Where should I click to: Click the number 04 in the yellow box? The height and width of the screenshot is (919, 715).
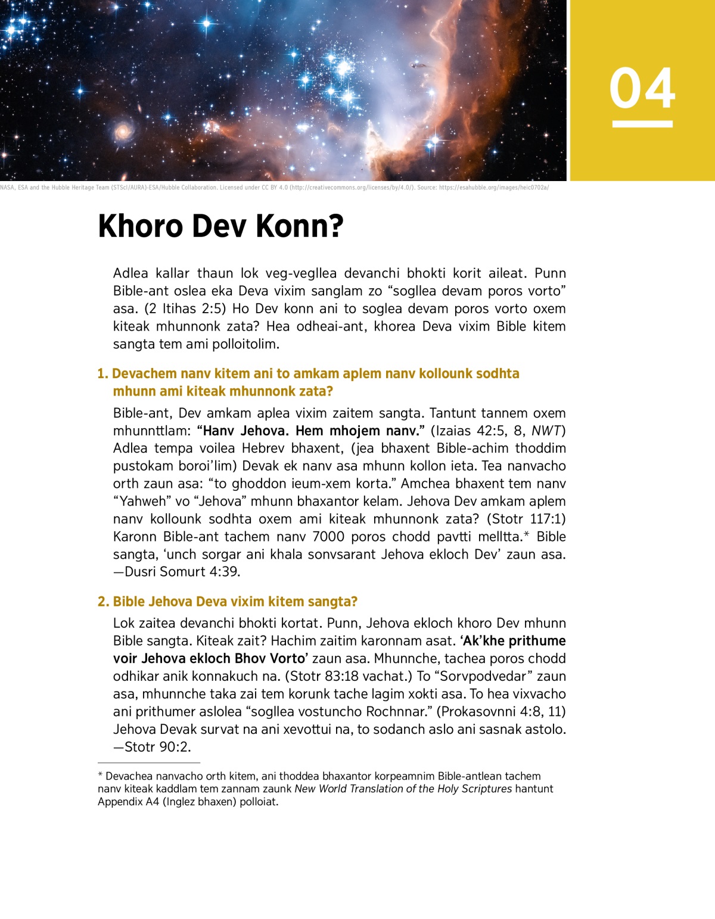(642, 88)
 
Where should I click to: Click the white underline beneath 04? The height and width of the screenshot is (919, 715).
(642, 124)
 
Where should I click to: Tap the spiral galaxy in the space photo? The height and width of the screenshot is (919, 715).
(123, 131)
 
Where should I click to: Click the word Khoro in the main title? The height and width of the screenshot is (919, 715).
(140, 226)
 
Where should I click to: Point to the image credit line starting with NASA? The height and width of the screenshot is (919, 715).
(274, 188)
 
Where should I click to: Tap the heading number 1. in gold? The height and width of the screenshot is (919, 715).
(103, 373)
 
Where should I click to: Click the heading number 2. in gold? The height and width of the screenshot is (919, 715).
(103, 602)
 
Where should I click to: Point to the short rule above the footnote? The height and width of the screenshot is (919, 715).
(149, 762)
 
